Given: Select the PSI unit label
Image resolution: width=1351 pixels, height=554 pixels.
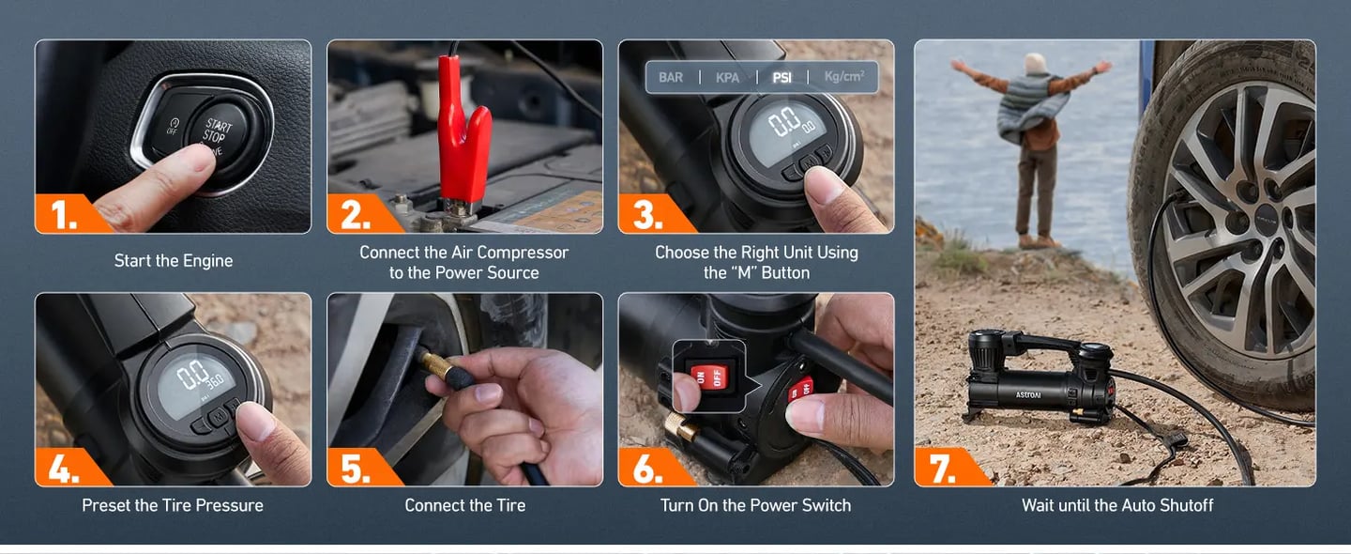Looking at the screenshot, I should (x=782, y=77).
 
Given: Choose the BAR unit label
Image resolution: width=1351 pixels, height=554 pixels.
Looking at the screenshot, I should (x=671, y=77).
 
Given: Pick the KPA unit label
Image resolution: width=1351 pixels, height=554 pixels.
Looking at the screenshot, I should (x=727, y=77).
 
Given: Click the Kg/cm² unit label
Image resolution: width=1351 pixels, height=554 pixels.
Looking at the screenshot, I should (x=843, y=76).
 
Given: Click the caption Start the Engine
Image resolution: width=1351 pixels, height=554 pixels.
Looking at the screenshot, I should (x=174, y=261).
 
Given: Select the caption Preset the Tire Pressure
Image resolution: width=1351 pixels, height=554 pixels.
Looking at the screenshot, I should (x=173, y=505).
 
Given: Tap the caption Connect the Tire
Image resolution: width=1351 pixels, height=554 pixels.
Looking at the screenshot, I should (x=464, y=505).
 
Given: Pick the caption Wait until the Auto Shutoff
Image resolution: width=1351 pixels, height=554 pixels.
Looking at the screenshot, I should (x=1116, y=505).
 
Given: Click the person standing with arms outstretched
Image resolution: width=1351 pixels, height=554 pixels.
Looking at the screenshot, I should (x=1032, y=141).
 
